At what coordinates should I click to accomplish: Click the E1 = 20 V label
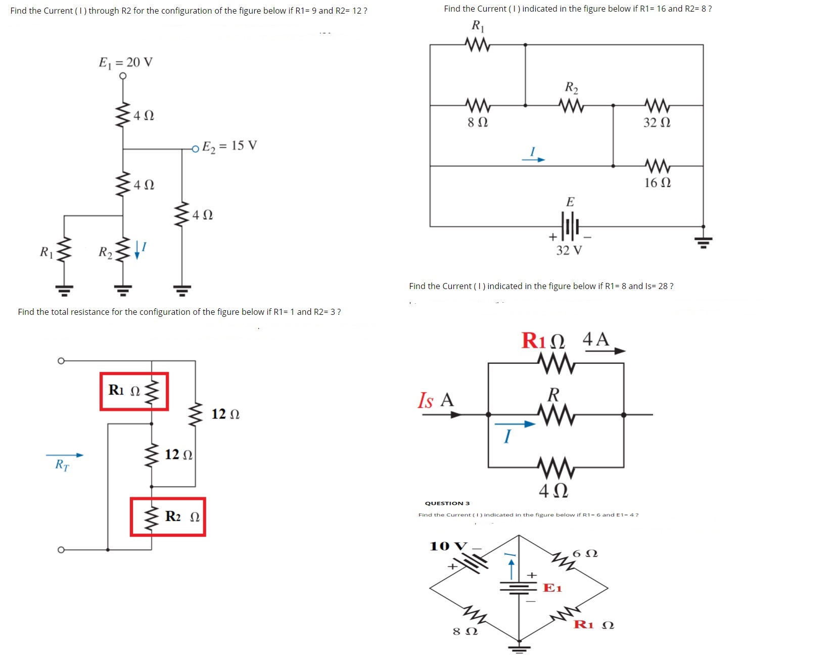125,62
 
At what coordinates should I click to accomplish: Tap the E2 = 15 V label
229,146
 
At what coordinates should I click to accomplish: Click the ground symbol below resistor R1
64,290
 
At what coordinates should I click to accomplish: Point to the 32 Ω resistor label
657,122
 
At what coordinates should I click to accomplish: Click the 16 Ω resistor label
658,182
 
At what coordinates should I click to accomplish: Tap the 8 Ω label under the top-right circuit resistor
477,122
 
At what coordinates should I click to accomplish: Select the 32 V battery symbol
570,226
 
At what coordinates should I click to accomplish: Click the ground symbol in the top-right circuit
703,241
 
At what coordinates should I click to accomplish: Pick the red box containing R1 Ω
134,392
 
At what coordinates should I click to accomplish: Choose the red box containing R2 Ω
168,516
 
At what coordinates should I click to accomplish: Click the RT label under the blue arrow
62,465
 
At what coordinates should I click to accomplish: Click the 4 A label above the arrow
596,339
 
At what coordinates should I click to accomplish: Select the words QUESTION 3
447,503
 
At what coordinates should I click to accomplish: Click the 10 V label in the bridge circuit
448,546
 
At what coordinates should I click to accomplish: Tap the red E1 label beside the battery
552,588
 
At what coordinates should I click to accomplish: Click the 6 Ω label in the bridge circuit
585,553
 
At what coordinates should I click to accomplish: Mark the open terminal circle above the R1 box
61,361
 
